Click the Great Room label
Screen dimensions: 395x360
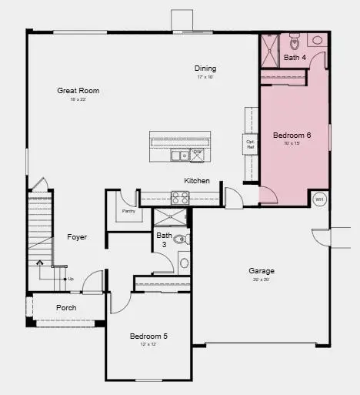[78, 91]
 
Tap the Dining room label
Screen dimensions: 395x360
[205, 69]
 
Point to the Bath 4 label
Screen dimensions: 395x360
[295, 58]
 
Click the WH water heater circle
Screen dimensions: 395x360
[320, 199]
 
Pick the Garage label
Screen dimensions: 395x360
[262, 271]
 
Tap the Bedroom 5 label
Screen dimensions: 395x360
[148, 336]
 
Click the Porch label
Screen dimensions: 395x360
[66, 308]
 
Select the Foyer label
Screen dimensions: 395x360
[76, 237]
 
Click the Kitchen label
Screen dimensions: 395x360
[196, 181]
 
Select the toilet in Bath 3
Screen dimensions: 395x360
[180, 239]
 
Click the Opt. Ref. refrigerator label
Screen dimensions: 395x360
[250, 143]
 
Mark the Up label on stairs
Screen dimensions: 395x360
[70, 279]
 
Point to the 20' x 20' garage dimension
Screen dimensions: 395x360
[262, 280]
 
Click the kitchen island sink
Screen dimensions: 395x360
[180, 156]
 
